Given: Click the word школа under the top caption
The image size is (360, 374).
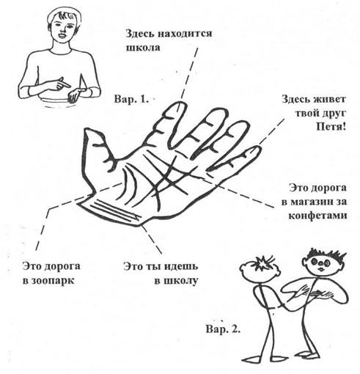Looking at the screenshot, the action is pyautogui.click(x=143, y=47).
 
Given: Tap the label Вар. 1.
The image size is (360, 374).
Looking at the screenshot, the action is pyautogui.click(x=131, y=99).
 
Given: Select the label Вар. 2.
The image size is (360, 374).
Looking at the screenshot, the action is pyautogui.click(x=224, y=329).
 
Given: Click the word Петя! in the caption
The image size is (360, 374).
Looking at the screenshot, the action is pyautogui.click(x=331, y=127).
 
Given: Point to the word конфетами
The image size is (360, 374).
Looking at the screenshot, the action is pyautogui.click(x=317, y=216).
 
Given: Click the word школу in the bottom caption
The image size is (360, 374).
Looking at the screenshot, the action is pyautogui.click(x=176, y=281).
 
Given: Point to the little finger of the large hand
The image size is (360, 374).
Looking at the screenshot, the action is pyautogui.click(x=235, y=159).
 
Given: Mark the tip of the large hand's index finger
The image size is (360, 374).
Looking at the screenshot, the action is pyautogui.click(x=180, y=103).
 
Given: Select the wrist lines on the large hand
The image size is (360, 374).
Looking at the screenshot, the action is pyautogui.click(x=111, y=210).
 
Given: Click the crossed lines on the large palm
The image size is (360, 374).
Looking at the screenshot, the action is pyautogui.click(x=169, y=176).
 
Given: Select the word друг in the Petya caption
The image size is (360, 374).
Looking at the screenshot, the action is pyautogui.click(x=331, y=113).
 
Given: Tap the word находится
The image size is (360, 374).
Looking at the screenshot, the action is pyautogui.click(x=185, y=34).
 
